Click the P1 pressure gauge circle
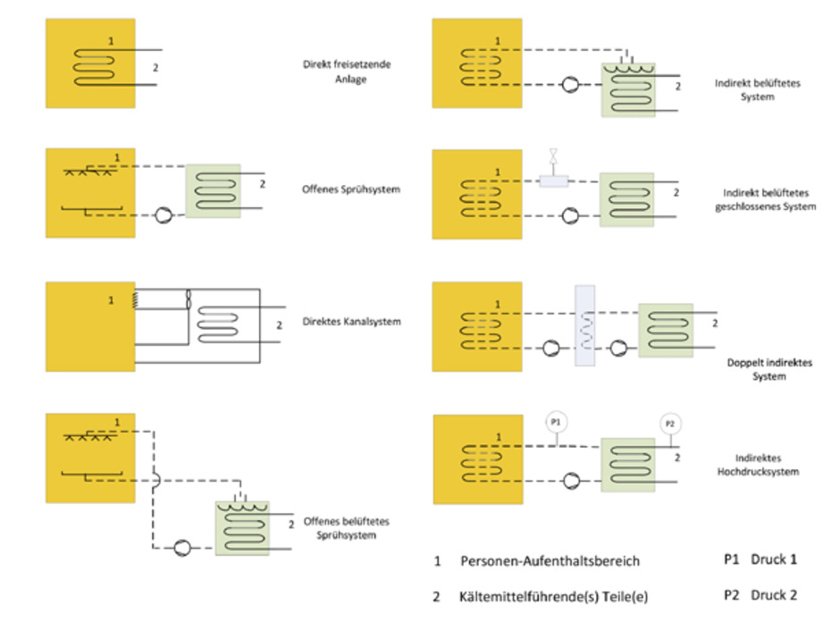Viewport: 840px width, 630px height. [554, 421]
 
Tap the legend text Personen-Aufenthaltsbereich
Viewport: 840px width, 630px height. [550, 561]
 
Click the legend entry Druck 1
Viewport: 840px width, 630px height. [774, 559]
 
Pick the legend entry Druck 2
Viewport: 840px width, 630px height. [774, 594]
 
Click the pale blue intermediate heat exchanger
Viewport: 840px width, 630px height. [584, 326]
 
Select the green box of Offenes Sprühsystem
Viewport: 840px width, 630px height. [213, 190]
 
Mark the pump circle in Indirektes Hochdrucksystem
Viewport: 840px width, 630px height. [569, 481]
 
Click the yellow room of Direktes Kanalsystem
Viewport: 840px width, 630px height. [90, 326]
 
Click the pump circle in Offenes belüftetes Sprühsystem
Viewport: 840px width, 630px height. [181, 547]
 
